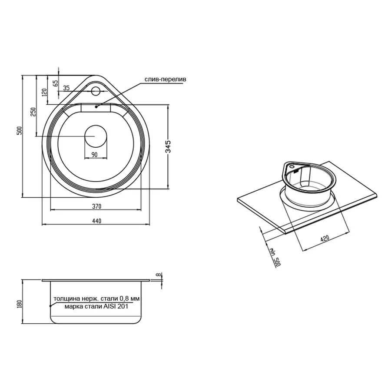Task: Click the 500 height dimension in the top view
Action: coord(19,130)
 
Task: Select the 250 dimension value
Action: coord(33,112)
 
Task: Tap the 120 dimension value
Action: coord(44,92)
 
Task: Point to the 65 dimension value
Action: coord(55,83)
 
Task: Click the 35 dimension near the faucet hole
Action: coord(66,88)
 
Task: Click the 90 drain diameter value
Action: coord(94,155)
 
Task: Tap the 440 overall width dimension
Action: coord(96,221)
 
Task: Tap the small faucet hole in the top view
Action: coord(96,91)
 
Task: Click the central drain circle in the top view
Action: coord(96,136)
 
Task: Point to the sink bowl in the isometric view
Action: coord(310,185)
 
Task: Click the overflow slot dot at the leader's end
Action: coord(96,106)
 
